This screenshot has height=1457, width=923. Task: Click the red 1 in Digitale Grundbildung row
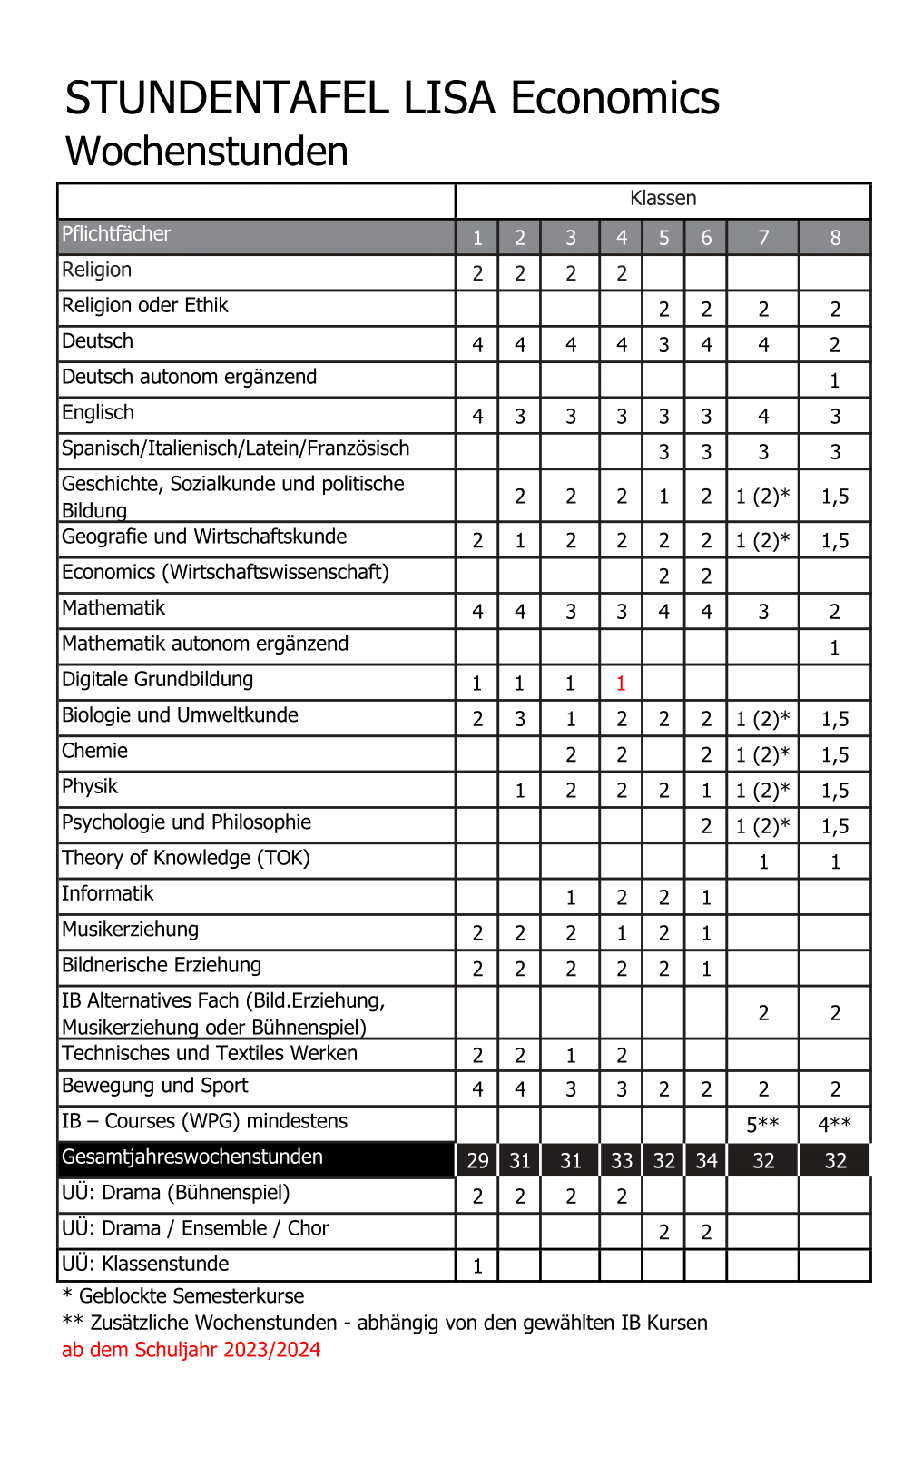point(621,684)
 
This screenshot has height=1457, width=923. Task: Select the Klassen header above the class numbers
point(663,199)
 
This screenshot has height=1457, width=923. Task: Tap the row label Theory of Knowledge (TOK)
point(186,858)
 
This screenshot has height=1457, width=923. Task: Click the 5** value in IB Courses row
point(762,1125)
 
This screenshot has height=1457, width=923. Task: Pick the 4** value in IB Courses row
point(834,1125)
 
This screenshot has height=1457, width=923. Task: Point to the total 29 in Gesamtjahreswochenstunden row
point(477,1161)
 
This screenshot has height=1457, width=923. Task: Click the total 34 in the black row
point(706,1161)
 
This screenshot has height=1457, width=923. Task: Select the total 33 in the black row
point(621,1161)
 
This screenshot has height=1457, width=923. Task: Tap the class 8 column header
point(835,238)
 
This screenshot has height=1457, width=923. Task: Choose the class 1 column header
point(477,238)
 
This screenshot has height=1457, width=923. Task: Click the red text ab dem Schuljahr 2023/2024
point(191,1350)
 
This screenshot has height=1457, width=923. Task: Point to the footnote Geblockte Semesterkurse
point(191,1296)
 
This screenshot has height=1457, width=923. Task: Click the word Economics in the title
point(614,98)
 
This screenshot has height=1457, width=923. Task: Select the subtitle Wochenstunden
point(207,152)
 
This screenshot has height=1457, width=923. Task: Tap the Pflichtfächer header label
point(116,234)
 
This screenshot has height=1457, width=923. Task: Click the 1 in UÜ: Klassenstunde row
point(477,1266)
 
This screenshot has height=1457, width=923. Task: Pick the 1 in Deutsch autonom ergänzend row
point(835,381)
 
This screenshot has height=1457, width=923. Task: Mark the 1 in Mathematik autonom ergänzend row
point(835,648)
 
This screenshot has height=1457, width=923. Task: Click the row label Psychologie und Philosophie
point(186,822)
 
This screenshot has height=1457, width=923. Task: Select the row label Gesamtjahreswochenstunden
point(192,1157)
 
